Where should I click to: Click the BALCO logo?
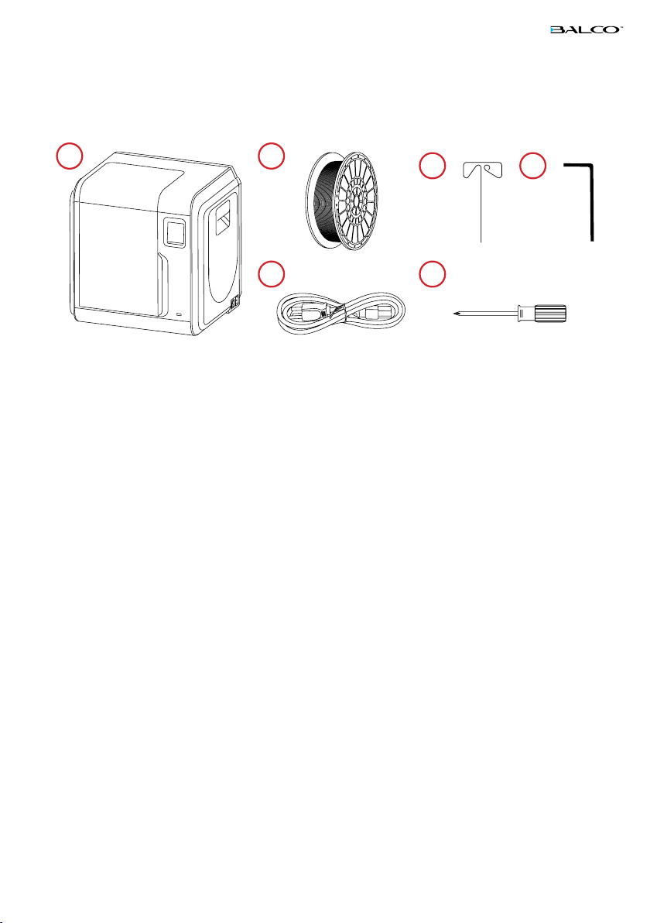(587, 30)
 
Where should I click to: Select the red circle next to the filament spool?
(271, 156)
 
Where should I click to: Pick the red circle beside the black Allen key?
(531, 166)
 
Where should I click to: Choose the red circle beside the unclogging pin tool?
(431, 166)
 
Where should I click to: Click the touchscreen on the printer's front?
(176, 232)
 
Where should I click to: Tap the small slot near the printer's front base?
(180, 314)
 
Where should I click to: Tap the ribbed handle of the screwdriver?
(551, 314)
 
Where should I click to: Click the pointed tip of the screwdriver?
(453, 314)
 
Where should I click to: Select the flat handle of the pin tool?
(481, 171)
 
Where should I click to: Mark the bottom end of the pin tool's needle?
(481, 242)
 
